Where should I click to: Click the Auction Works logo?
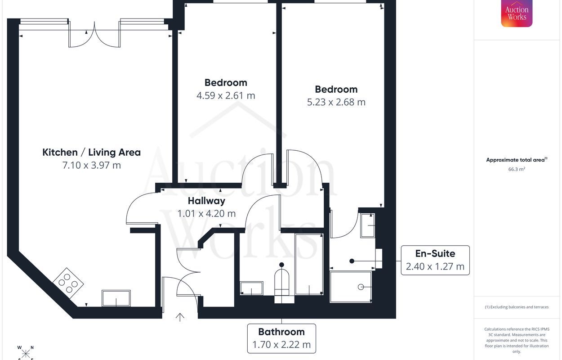tap(517, 13)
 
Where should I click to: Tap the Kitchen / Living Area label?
tap(91, 152)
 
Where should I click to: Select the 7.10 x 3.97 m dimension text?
tap(91, 165)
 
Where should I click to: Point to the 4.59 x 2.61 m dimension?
tap(226, 95)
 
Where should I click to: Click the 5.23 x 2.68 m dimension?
tap(336, 102)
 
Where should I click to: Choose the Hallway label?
tap(206, 201)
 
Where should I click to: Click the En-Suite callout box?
tap(435, 260)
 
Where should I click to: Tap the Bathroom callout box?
tap(281, 338)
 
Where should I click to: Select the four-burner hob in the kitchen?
tap(67, 283)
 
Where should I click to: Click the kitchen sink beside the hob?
tap(116, 298)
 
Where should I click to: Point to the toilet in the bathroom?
tap(281, 283)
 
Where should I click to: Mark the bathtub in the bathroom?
tap(309, 264)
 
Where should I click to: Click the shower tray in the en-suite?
tap(351, 287)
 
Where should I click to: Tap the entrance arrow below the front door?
tap(180, 317)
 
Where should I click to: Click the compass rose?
tap(26, 352)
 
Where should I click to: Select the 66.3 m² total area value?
tap(517, 169)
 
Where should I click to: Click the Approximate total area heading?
tap(517, 160)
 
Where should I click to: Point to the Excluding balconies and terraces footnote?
tap(517, 307)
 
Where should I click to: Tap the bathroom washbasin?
tap(251, 288)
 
